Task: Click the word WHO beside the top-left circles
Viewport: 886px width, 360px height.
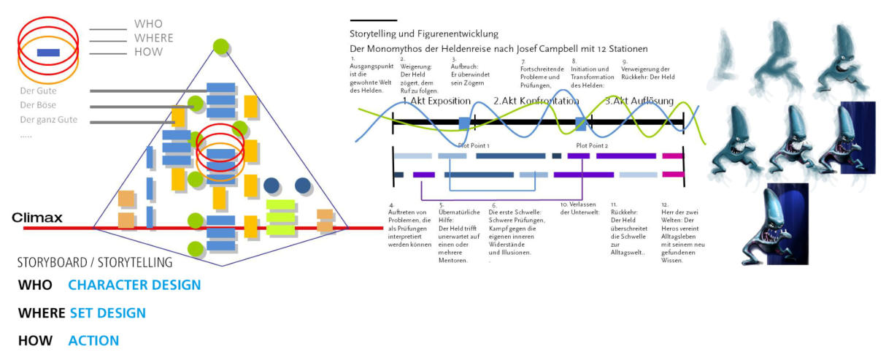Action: click(148, 24)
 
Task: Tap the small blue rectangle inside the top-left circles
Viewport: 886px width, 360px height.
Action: click(48, 52)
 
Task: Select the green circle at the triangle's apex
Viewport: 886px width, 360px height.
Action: click(221, 46)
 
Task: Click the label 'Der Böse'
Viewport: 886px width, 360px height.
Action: click(38, 105)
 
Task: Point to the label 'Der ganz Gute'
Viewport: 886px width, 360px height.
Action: click(48, 120)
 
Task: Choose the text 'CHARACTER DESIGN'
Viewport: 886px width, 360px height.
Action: click(134, 285)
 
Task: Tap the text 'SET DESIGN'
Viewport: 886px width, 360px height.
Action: click(108, 313)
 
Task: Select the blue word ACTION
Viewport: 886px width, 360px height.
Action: click(93, 341)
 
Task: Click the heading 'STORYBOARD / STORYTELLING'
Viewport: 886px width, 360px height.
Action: click(95, 262)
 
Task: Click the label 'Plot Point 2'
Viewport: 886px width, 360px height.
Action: click(591, 145)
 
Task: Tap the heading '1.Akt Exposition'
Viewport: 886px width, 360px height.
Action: click(436, 101)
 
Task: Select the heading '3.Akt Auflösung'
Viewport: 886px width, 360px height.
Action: click(639, 101)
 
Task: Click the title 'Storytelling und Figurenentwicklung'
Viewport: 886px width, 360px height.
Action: click(424, 34)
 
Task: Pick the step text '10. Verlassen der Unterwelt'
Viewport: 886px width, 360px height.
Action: click(579, 208)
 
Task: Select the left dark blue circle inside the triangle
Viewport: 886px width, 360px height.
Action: click(271, 185)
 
